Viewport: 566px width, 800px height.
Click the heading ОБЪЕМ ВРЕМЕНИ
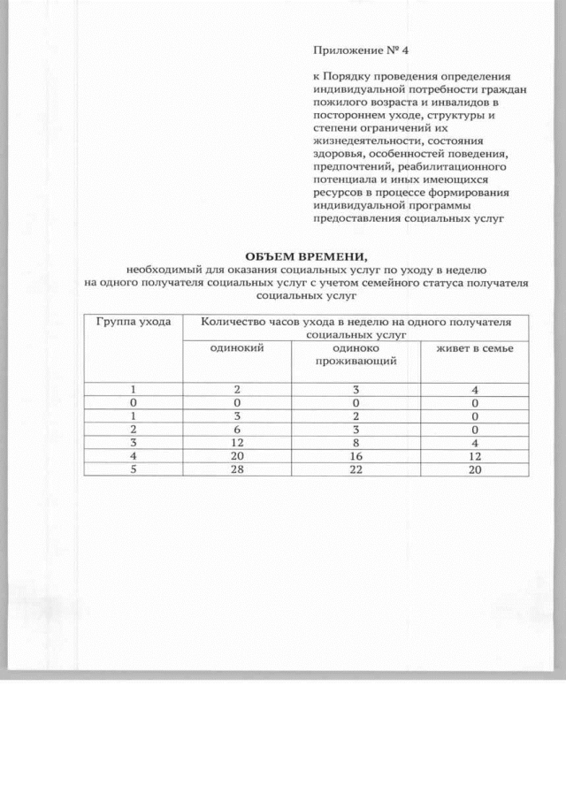305,255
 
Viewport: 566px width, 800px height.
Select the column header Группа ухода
133,323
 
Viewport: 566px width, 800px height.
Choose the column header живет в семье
474,348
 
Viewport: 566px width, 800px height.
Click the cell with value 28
237,469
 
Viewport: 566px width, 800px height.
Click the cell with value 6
237,429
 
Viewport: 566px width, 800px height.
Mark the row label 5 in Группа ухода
133,469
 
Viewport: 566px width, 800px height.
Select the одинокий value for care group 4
237,456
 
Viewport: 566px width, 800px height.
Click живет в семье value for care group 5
474,469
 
